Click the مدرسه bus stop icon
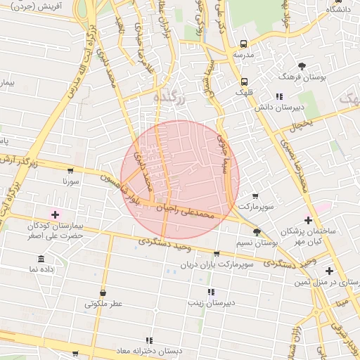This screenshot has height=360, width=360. (243, 42)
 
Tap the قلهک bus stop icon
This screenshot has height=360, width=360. (244, 81)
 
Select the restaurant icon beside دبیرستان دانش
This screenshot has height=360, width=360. (279, 96)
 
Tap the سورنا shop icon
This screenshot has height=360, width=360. (70, 170)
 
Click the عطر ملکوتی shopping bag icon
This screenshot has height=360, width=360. (103, 292)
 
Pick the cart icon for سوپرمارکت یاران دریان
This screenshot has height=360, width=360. (217, 254)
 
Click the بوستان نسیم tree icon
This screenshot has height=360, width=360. (257, 231)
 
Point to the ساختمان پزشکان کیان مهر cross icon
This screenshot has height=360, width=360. (308, 220)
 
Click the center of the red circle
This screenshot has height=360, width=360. (180, 180)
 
